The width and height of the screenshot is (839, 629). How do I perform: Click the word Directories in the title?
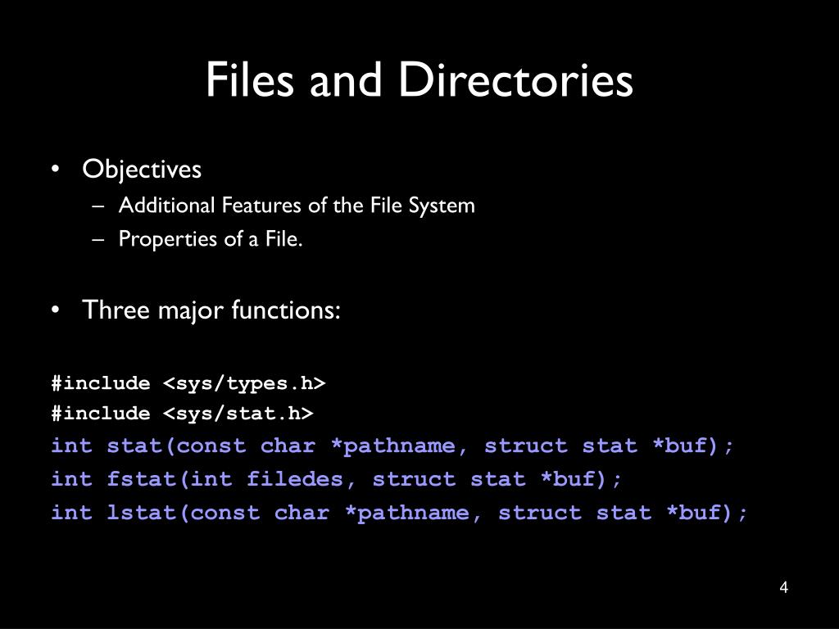[x=516, y=80]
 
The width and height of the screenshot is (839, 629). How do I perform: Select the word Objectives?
[x=142, y=170]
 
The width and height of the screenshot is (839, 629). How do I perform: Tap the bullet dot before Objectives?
[x=55, y=170]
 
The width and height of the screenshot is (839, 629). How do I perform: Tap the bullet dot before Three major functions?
[x=55, y=310]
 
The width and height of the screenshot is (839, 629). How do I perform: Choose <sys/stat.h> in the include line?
[x=238, y=414]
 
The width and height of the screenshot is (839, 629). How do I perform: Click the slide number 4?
[x=784, y=588]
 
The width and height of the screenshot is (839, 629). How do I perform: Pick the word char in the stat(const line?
[x=288, y=446]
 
